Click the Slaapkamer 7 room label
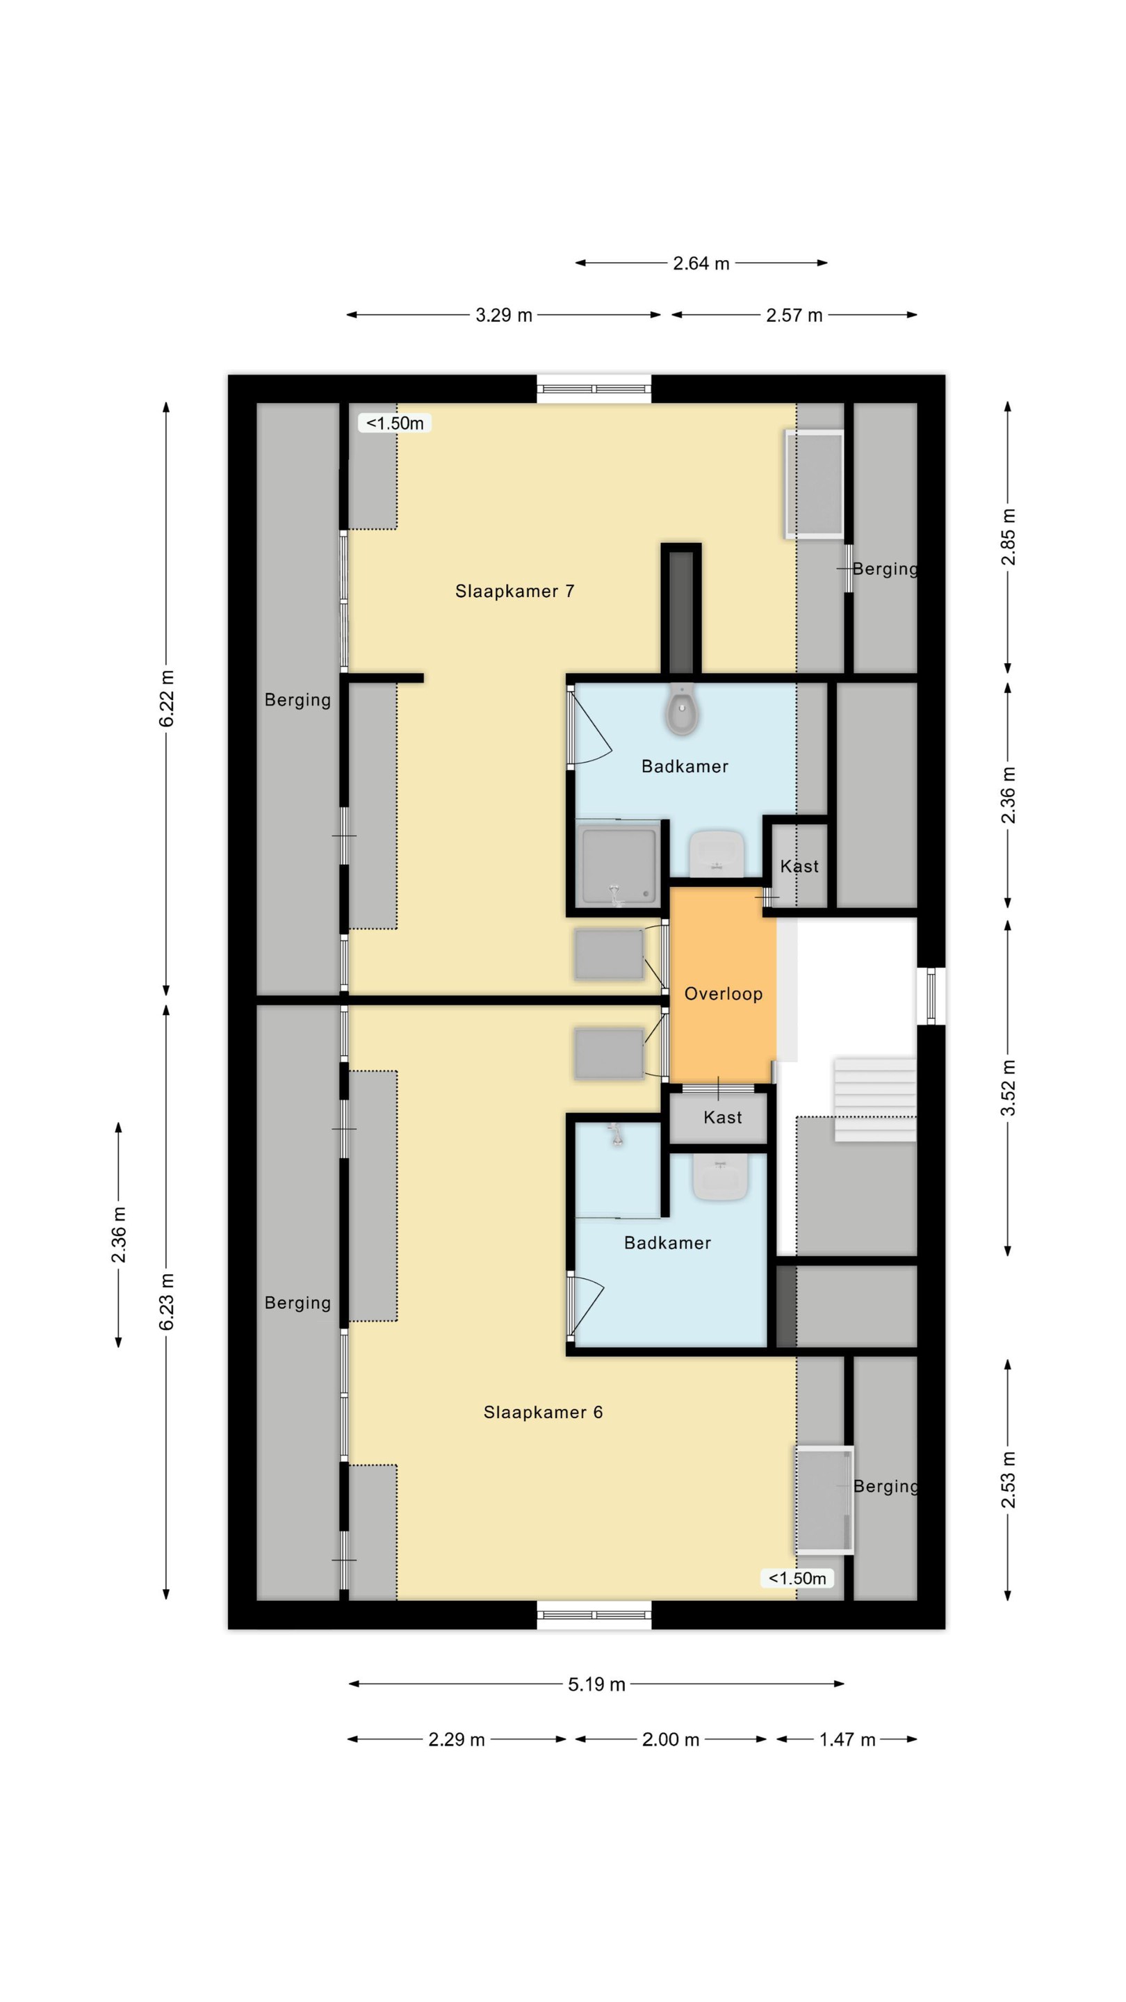pos(514,592)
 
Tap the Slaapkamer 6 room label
pos(542,1412)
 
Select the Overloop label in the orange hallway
pos(723,994)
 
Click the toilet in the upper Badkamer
pos(681,709)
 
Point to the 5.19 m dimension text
pos(596,1684)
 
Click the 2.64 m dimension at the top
pos(701,263)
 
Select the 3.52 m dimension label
pos(1008,1087)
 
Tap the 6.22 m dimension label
pos(166,698)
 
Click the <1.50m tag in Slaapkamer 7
pos(395,423)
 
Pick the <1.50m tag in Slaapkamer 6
pos(797,1578)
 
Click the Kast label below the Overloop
pos(722,1118)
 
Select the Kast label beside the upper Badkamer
pos(799,867)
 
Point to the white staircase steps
pos(876,1098)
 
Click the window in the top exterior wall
pos(594,389)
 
